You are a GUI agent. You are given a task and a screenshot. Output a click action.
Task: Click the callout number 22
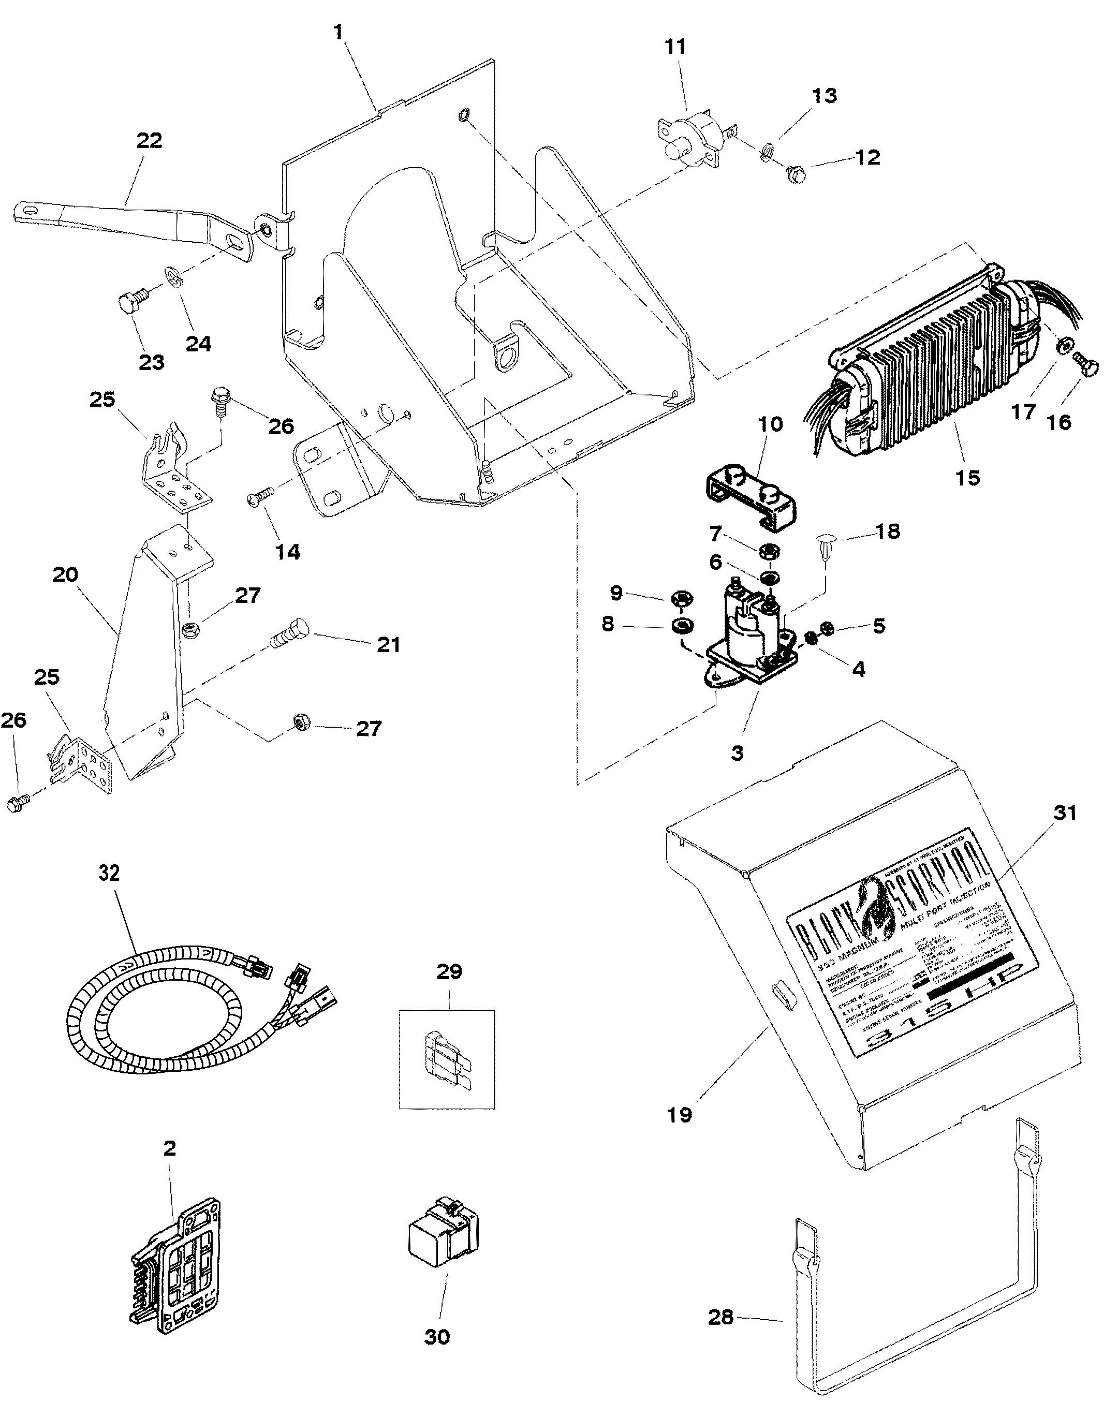tap(149, 141)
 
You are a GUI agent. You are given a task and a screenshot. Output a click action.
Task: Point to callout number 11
tap(675, 47)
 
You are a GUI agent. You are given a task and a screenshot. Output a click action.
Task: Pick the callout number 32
tap(109, 873)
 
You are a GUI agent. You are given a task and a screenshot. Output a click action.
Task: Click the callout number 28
tap(720, 1317)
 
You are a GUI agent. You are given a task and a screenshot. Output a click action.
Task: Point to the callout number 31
tap(1065, 813)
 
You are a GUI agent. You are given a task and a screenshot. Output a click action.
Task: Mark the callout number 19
tap(680, 1115)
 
